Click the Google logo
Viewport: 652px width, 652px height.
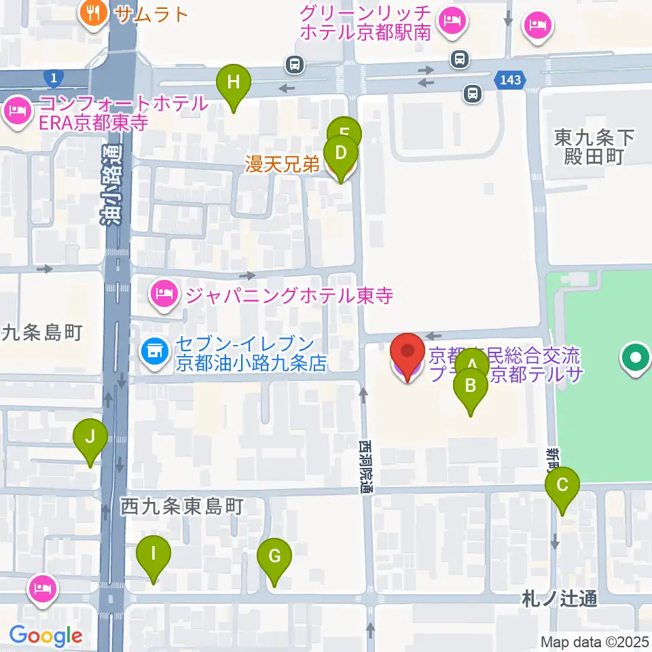(x=45, y=636)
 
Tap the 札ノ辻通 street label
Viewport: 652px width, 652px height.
(x=560, y=599)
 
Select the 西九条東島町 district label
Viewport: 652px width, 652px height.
(x=181, y=506)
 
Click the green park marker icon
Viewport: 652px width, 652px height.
(x=636, y=357)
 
